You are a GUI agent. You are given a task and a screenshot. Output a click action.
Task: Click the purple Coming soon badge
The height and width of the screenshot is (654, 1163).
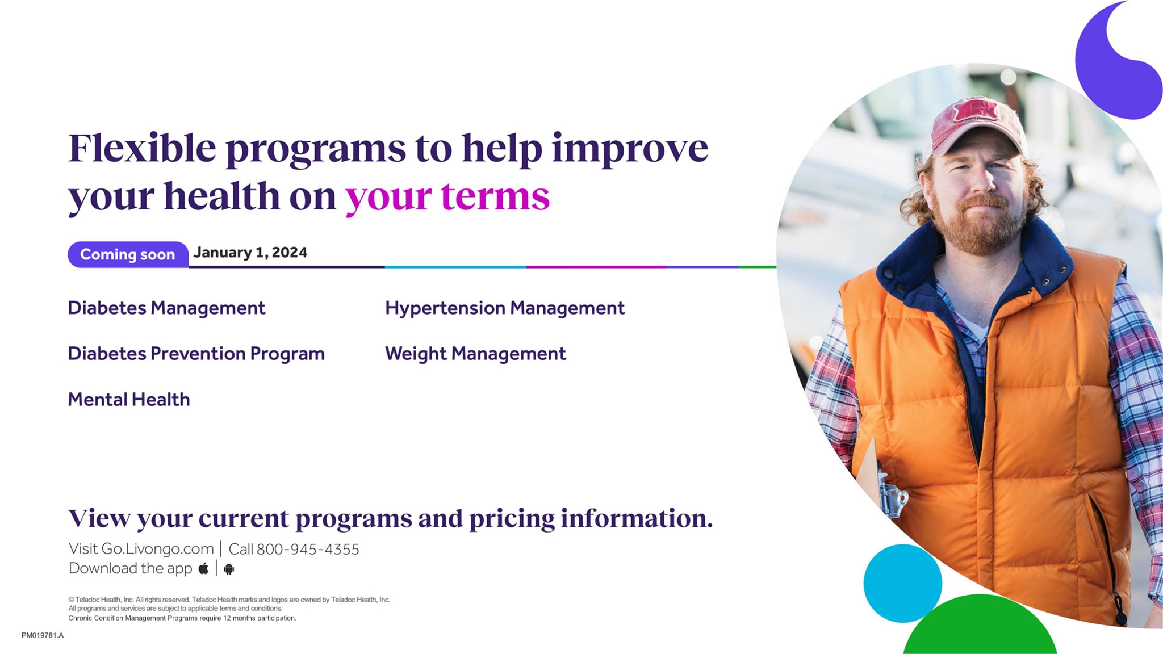[128, 254]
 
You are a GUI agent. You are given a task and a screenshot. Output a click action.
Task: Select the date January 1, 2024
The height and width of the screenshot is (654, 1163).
[250, 253]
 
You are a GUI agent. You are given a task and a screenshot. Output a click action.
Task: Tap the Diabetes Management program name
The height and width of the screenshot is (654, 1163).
[166, 308]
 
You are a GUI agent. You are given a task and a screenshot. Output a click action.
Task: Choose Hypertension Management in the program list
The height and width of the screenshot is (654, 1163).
[505, 308]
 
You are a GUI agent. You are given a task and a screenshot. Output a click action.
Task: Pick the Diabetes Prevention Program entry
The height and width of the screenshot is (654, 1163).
[196, 354]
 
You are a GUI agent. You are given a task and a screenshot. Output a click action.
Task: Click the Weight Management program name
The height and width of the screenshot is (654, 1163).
[475, 354]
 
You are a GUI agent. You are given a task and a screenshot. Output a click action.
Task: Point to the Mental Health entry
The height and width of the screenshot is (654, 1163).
[129, 399]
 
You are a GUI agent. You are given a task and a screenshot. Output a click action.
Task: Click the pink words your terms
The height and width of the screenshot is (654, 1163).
[447, 196]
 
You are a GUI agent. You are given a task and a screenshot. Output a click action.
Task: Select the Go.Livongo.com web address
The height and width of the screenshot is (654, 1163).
[157, 548]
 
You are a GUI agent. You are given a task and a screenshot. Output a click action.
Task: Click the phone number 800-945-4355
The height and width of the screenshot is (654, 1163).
[308, 549]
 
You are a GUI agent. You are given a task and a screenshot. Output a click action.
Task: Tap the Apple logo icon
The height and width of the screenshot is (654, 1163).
[203, 568]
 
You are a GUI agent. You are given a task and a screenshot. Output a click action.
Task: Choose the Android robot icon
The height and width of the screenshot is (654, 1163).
[229, 569]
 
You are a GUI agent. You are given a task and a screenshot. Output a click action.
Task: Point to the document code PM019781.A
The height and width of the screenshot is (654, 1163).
[43, 635]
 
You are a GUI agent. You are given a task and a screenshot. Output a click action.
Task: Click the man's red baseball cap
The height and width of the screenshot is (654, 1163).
[978, 124]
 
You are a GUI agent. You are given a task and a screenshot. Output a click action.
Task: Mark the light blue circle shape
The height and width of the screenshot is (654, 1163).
[902, 583]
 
